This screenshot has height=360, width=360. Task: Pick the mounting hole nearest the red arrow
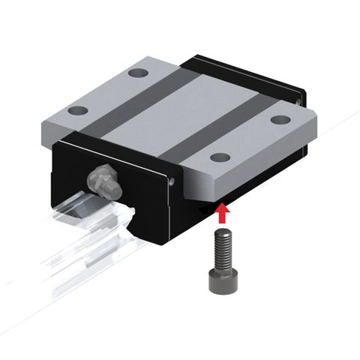point(219,157)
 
